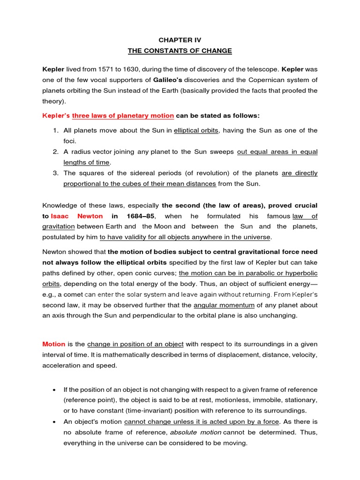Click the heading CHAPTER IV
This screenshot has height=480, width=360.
click(x=180, y=40)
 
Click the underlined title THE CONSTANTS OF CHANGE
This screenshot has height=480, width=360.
click(x=180, y=51)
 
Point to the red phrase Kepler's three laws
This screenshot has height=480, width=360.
click(x=108, y=115)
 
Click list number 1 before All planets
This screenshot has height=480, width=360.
click(x=55, y=130)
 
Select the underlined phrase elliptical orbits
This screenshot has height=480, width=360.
click(x=196, y=130)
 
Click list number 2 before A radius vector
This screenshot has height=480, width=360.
click(x=55, y=151)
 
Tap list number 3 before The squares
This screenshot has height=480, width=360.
click(x=55, y=173)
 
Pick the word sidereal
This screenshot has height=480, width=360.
click(x=139, y=173)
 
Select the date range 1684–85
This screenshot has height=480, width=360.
click(x=140, y=216)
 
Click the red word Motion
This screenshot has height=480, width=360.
click(x=53, y=344)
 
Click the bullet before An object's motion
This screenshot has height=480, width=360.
click(x=55, y=422)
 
